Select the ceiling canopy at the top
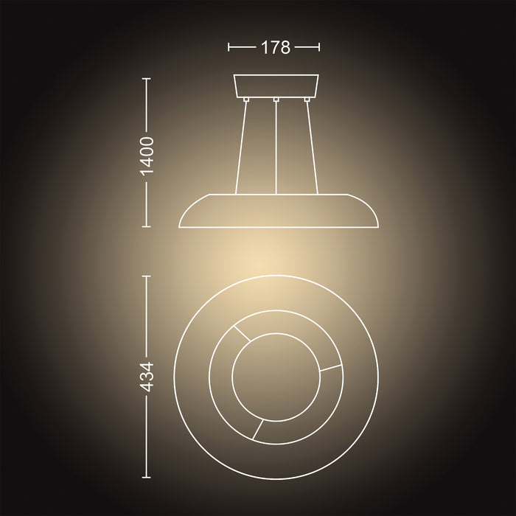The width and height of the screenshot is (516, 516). click(x=276, y=85)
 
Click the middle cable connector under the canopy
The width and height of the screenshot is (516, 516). click(x=276, y=99)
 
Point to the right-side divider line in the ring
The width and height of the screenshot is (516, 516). click(x=332, y=369)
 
